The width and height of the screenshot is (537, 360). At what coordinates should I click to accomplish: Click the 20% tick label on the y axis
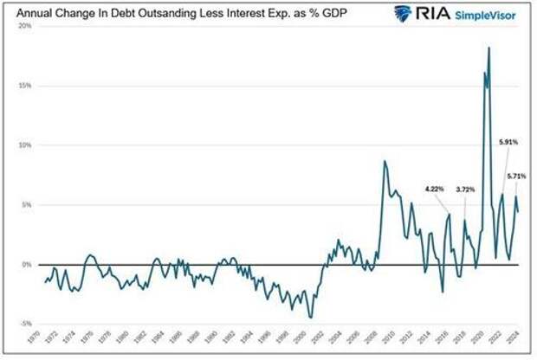pyautogui.click(x=24, y=26)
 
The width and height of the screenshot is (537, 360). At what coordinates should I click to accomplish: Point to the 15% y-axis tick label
pyautogui.click(x=24, y=86)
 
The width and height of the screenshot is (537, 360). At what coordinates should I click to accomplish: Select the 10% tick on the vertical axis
pyautogui.click(x=24, y=145)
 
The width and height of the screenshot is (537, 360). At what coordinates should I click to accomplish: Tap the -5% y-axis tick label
pyautogui.click(x=24, y=325)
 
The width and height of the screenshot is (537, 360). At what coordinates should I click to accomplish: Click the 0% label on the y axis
pyautogui.click(x=26, y=265)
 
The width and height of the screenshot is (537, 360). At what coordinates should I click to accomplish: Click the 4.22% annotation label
pyautogui.click(x=435, y=188)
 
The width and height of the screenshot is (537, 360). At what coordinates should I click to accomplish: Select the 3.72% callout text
pyautogui.click(x=465, y=188)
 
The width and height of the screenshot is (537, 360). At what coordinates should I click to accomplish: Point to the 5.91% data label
pyautogui.click(x=508, y=141)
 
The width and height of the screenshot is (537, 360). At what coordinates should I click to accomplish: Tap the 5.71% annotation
pyautogui.click(x=517, y=176)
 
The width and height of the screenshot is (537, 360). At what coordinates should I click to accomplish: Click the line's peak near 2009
pyautogui.click(x=385, y=162)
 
